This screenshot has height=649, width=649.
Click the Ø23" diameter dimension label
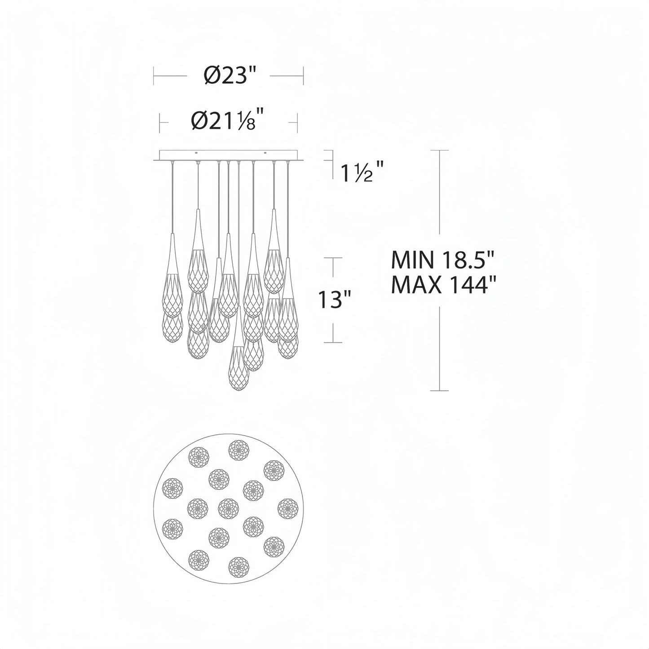point(228,76)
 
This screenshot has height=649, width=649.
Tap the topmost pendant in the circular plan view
point(239,450)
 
